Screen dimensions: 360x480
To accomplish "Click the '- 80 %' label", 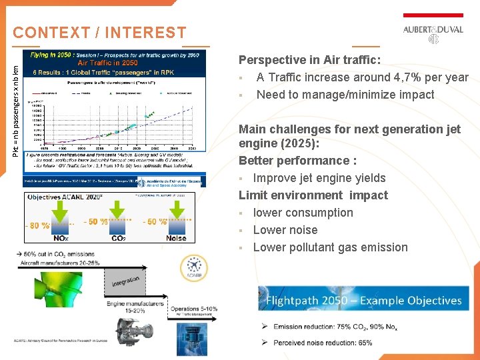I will click(38, 225).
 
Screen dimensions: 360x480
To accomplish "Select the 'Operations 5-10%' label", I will click(193, 309).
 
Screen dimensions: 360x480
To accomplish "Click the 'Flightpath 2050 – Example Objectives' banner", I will click(363, 301).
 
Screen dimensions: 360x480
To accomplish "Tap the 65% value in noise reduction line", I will click(365, 343).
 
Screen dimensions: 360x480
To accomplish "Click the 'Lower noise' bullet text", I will click(285, 230).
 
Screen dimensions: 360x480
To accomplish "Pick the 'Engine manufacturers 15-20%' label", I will click(135, 307).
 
